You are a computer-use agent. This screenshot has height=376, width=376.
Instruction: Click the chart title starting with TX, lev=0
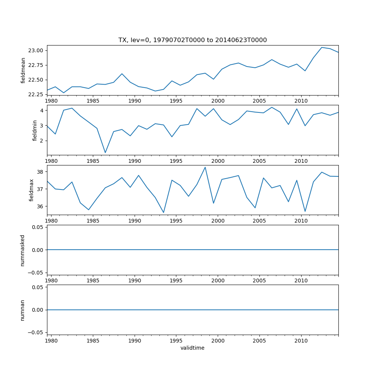tap(193, 40)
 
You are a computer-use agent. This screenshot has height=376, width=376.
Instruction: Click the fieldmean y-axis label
tap(23, 70)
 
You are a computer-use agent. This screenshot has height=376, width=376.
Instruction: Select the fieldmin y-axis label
tap(35, 130)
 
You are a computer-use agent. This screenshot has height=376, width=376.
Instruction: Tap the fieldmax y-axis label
tap(32, 190)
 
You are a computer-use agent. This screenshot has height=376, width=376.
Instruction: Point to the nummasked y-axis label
tap(23, 250)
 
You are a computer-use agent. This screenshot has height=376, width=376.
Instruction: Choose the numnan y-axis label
tap(23, 310)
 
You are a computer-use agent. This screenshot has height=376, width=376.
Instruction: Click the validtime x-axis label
tap(193, 348)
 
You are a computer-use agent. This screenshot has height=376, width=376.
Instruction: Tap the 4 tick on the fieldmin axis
tap(42, 111)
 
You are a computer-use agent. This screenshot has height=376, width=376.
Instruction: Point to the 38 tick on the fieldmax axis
tap(41, 171)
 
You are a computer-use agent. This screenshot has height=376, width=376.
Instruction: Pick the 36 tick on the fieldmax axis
tap(41, 206)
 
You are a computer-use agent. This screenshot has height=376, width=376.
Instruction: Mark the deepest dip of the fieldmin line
tap(105, 153)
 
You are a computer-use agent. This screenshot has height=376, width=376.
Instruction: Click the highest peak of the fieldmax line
tap(205, 167)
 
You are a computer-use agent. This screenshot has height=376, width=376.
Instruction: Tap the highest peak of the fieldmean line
tap(322, 47)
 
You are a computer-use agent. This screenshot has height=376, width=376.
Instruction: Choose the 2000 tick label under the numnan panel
tap(218, 341)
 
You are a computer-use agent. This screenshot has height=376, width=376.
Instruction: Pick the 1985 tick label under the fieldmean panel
tap(93, 101)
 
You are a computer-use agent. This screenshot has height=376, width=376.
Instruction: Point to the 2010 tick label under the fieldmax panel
tap(301, 221)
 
